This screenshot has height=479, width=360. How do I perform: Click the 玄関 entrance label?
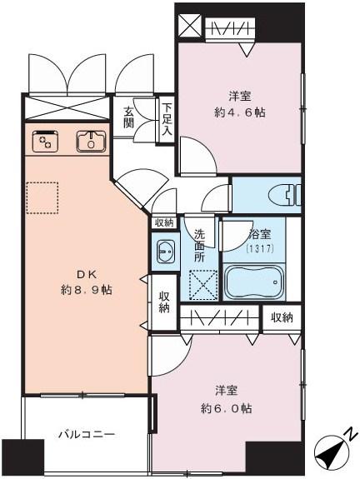point(130,118)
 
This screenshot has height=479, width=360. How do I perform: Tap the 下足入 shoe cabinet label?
point(167,118)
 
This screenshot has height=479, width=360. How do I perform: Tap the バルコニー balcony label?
point(86,434)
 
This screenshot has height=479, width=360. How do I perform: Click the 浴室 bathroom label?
point(257,236)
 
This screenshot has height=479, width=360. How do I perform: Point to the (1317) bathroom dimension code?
point(257,248)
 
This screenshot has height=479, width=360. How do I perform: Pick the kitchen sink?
point(89,142)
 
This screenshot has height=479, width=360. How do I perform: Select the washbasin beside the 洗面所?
point(162,252)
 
